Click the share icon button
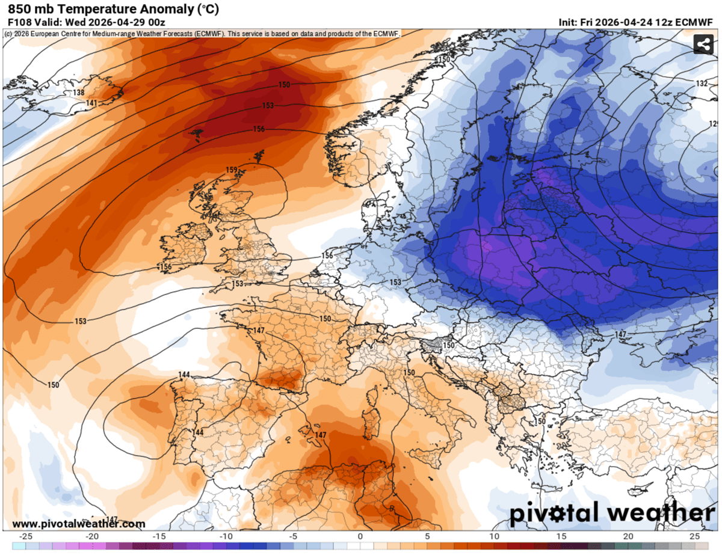(703, 44)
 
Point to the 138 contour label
(78, 93)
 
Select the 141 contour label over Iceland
(91, 103)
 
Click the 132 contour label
(702, 83)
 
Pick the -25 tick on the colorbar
(26, 536)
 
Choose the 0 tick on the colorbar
(360, 536)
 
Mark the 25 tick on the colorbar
(694, 536)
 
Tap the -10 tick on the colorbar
(226, 536)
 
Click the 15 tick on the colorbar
(561, 536)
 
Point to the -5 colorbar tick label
(293, 536)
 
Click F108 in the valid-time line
(18, 22)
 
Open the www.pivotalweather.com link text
(78, 524)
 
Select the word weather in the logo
(662, 513)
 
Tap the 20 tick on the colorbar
(628, 536)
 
